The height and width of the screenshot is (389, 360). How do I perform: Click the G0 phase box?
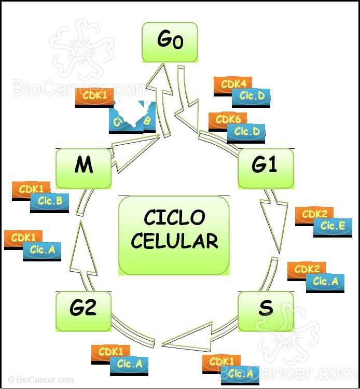coord(170,41)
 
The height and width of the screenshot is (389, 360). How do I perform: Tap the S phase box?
coord(266,310)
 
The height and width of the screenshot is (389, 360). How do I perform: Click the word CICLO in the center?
coord(174,218)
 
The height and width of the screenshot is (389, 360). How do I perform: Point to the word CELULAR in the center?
coord(174,241)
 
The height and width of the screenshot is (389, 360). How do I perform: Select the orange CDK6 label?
coord(227,120)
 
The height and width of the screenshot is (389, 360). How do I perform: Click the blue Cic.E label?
coord(333,226)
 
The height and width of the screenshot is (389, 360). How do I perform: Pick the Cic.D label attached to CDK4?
coord(251,96)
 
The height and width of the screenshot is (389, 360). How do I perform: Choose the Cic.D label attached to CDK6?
coord(246,132)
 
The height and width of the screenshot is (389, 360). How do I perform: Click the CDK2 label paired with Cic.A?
coord(306,269)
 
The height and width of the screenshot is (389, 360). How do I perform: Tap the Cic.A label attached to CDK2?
coord(325,282)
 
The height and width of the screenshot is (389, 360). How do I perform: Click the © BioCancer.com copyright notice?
coord(41,380)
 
